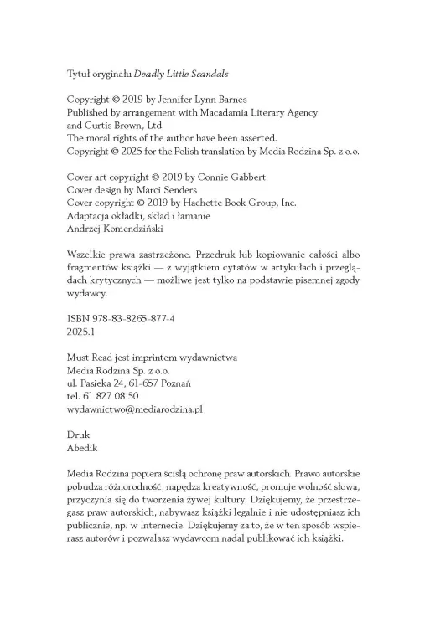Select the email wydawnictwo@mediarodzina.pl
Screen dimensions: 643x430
(135, 409)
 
